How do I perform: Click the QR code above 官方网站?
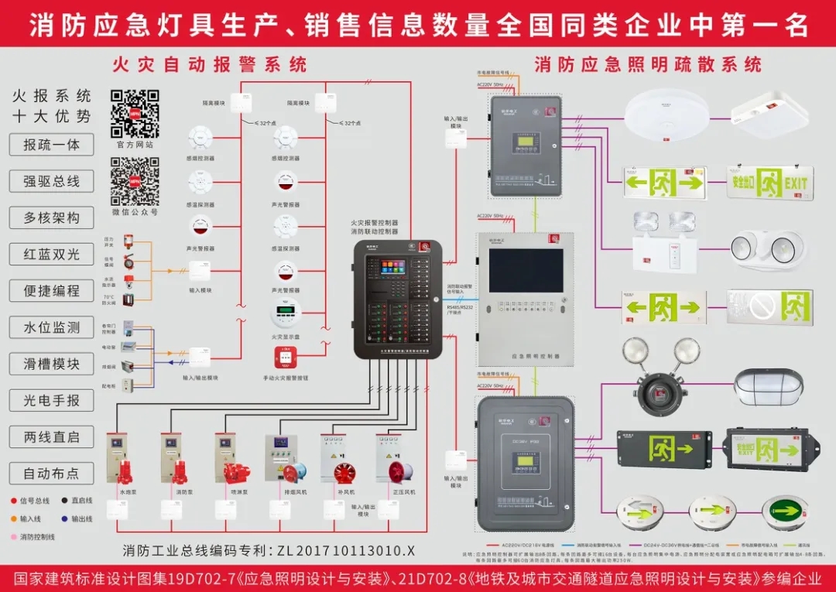pos(134,113)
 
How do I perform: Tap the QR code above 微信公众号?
pos(134,181)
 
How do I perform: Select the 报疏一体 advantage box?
pos(51,145)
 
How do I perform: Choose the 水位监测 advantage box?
pos(51,327)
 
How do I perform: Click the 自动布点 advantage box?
pos(51,473)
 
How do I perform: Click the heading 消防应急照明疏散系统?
pos(648,64)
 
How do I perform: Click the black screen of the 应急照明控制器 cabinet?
pos(526,270)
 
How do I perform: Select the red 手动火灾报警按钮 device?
pos(285,359)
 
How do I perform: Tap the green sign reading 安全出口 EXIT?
pos(769,183)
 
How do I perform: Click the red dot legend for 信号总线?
pos(13,501)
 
